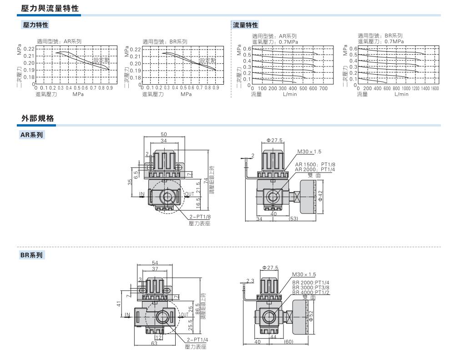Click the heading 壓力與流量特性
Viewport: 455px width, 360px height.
coord(50,8)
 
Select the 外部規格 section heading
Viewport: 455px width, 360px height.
coord(38,118)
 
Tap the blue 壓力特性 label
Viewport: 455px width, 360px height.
coord(35,25)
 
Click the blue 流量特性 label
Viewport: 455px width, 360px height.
coord(246,25)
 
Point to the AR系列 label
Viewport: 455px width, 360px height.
coord(31,135)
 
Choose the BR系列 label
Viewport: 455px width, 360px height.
coord(31,255)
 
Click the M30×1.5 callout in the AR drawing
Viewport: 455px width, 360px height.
coord(309,152)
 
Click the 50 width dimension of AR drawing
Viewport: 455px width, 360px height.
coord(164,135)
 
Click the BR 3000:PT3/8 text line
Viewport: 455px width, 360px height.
coord(311,288)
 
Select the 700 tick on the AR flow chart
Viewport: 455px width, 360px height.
coord(323,88)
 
